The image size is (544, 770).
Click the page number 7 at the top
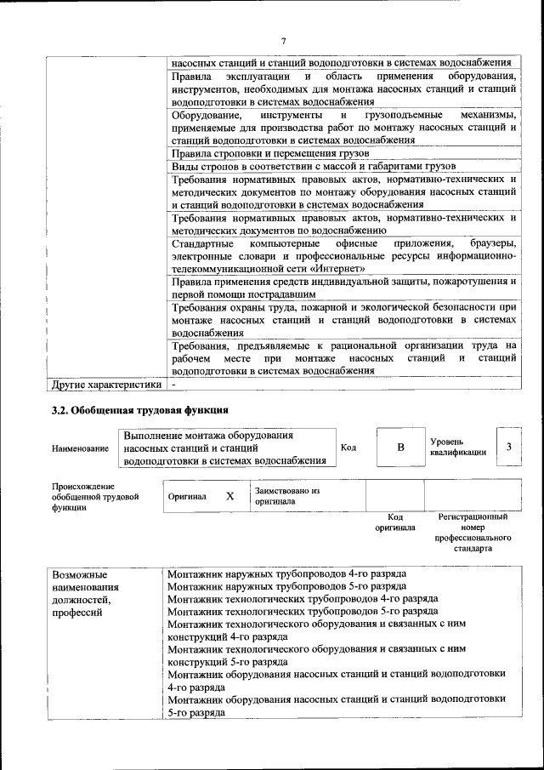point(285,40)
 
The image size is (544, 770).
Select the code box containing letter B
point(400,448)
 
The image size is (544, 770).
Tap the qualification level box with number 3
point(507,447)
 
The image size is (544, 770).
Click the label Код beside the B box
point(348,448)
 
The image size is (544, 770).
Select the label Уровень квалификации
point(457,447)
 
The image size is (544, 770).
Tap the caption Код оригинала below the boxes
point(394,522)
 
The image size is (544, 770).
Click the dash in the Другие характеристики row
point(173,384)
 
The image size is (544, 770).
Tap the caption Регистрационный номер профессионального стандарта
point(473,533)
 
